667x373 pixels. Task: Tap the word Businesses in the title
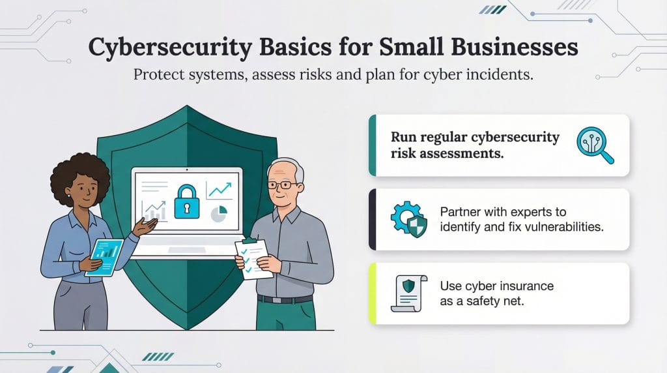click(507, 49)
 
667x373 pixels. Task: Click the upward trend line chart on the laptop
click(219, 190)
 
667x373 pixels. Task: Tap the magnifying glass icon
click(595, 145)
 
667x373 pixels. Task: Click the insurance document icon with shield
click(408, 293)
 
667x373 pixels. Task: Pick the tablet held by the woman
click(104, 256)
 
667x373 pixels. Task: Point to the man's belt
click(284, 299)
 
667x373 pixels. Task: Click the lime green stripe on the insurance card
click(373, 293)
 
